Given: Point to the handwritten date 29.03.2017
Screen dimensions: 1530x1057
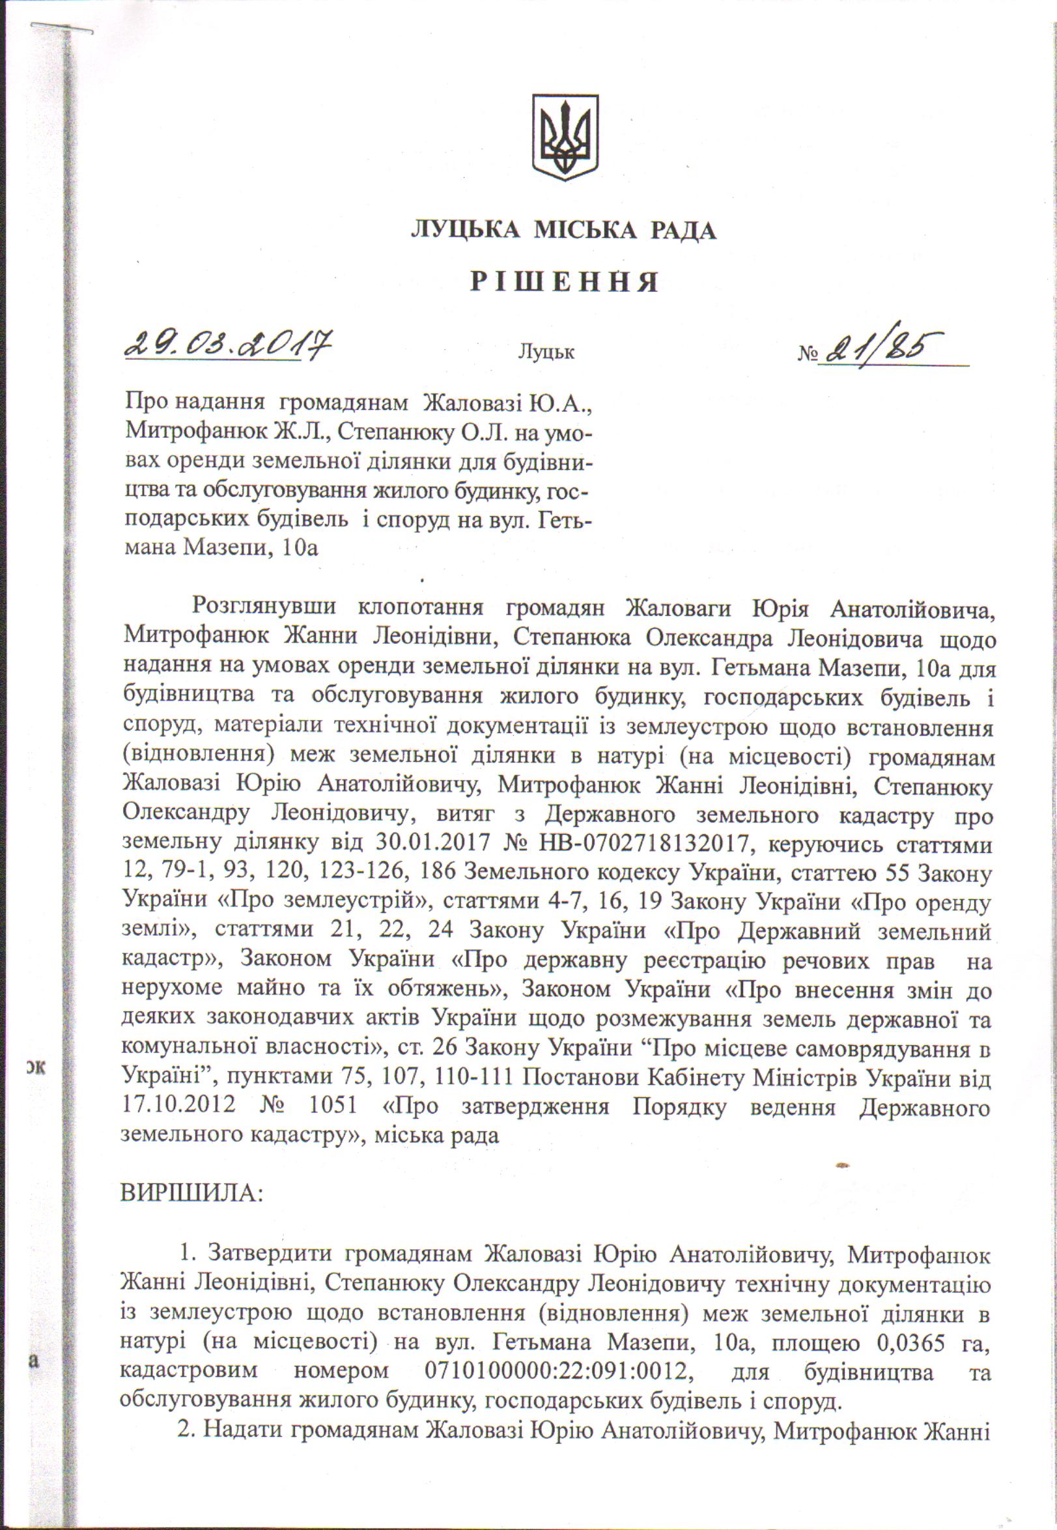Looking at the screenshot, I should (x=228, y=345).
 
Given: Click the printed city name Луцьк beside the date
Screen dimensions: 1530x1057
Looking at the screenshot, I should (x=546, y=352).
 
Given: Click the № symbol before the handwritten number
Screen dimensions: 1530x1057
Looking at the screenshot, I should (x=807, y=354).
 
